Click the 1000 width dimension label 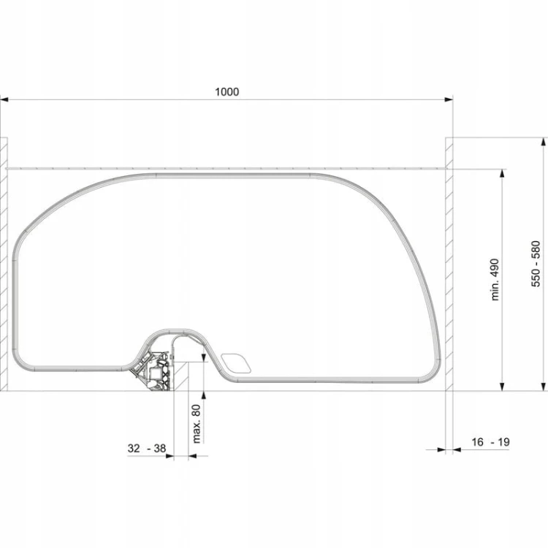tap(227, 92)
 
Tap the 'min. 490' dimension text tap(495, 280)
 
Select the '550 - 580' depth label tap(536, 264)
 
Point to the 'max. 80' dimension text tap(197, 424)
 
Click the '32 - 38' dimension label tap(146, 448)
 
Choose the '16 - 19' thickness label tap(490, 442)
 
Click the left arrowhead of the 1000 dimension tap(4, 99)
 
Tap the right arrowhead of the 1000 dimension tap(449, 99)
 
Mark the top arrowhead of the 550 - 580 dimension tap(543, 142)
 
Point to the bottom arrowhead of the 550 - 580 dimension tap(543, 387)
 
